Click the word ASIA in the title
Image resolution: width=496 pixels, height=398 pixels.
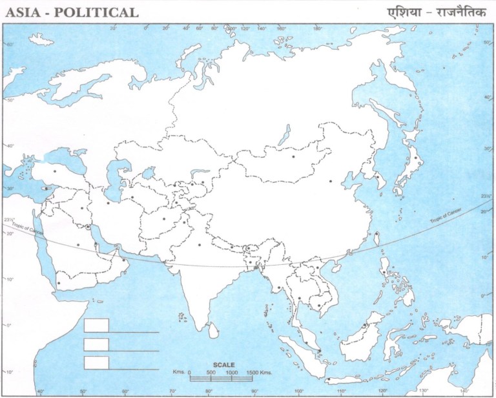(21, 12)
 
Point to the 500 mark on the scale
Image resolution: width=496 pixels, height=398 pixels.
(211, 373)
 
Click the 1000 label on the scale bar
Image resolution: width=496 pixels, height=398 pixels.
(231, 373)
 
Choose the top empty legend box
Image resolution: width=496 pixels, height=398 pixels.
(96, 325)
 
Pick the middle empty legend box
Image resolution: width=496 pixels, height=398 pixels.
(96, 344)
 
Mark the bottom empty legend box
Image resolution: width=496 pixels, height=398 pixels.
(96, 362)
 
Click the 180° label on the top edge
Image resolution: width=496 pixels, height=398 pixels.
(317, 28)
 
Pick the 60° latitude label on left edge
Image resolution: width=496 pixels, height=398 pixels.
(10, 44)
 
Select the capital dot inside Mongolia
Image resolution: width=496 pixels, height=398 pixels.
(294, 156)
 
